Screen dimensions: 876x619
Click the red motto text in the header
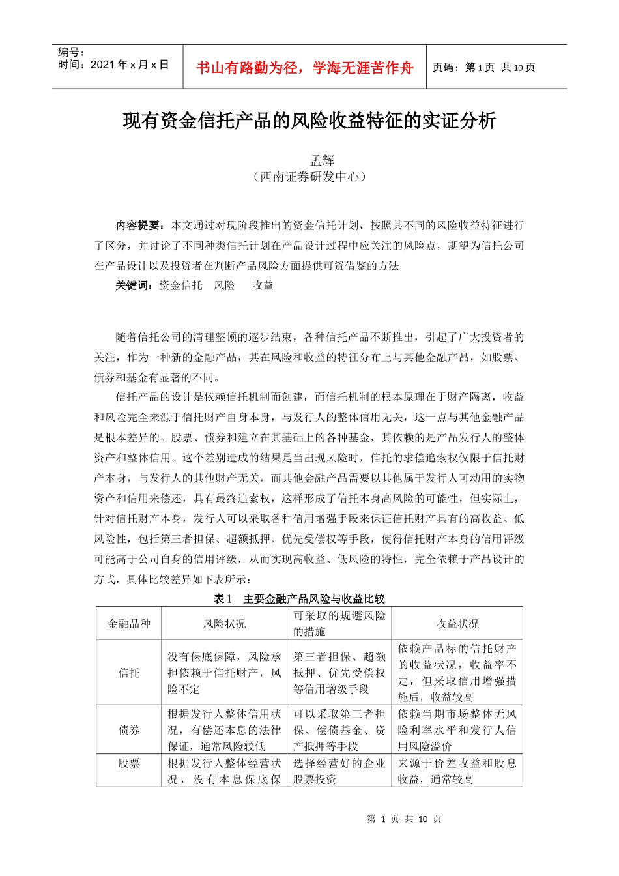(304, 68)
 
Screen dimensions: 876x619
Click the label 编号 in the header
(71, 52)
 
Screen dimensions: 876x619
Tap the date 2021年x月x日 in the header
(113, 65)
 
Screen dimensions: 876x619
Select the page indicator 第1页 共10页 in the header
(483, 68)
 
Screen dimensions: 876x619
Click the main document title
(309, 121)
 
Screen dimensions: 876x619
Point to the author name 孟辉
(322, 160)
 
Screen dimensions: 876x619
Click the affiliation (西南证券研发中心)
(309, 177)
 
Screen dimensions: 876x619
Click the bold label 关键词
(135, 285)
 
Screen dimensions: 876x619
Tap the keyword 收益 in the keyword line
(263, 285)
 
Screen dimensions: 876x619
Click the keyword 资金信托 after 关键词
(180, 285)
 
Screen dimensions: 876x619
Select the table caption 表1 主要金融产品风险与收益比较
(299, 598)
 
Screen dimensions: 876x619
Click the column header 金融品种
(129, 624)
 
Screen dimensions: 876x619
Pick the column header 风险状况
(224, 624)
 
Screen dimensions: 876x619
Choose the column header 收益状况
(457, 624)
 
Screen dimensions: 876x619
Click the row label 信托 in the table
(129, 673)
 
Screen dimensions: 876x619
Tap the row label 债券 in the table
(129, 730)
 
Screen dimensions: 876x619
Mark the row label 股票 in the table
(129, 763)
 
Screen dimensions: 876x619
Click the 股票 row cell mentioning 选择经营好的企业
(339, 771)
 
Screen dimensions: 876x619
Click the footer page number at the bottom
(404, 819)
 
